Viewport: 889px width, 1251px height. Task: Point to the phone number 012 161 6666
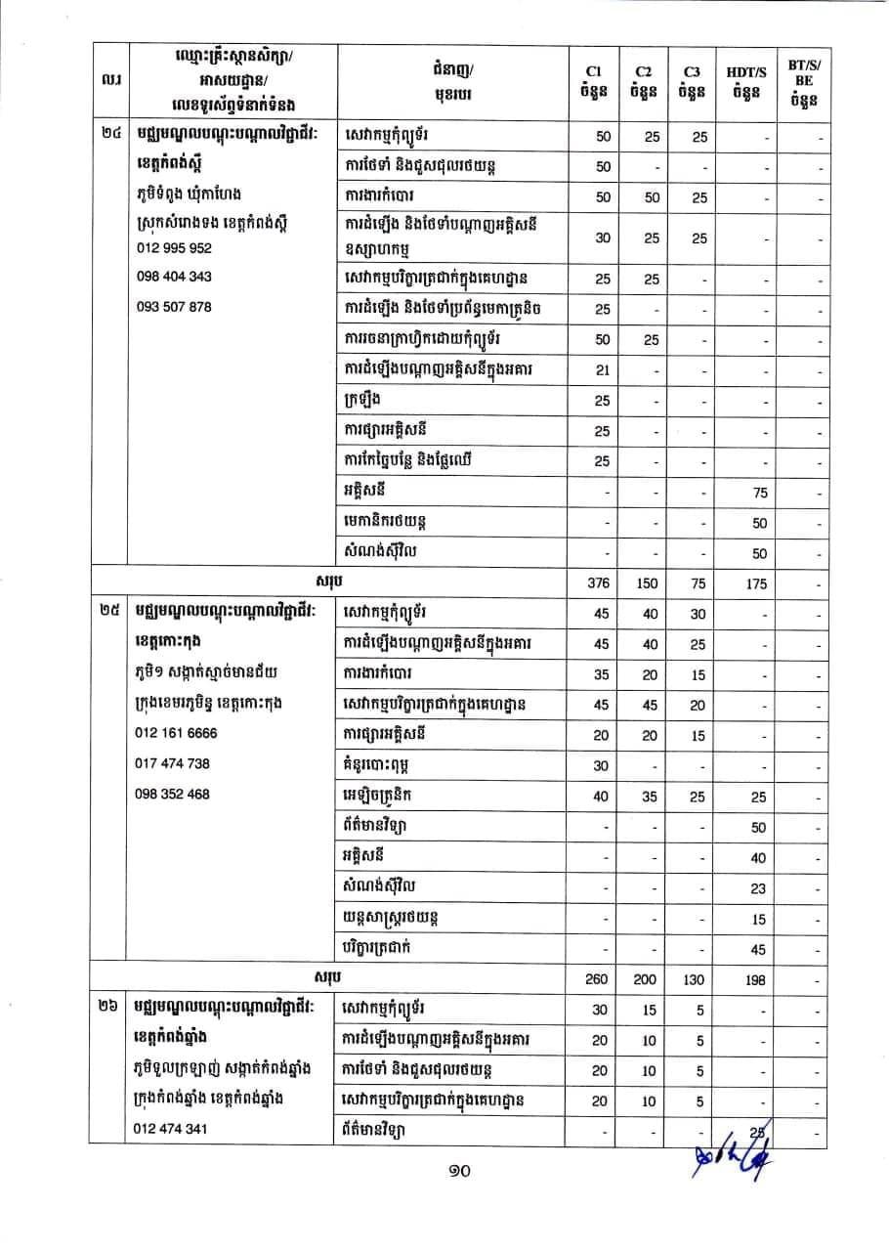(176, 733)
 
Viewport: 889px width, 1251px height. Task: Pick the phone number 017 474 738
(172, 763)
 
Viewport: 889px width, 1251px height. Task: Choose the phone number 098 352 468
(172, 794)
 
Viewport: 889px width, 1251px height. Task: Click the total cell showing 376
(600, 583)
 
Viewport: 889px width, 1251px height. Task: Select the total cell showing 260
(600, 979)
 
